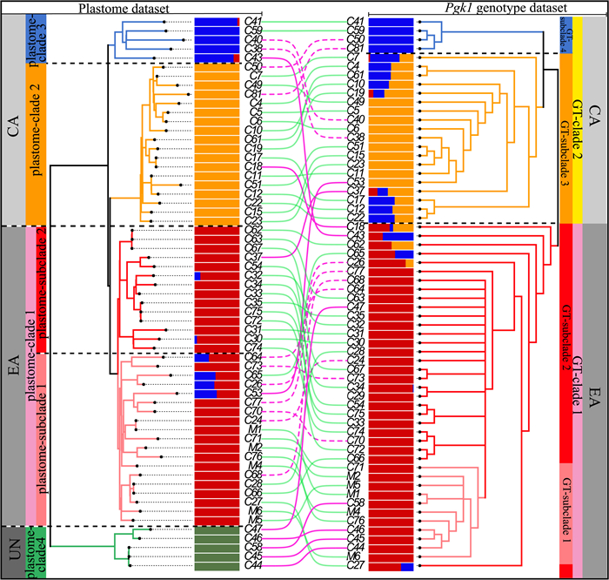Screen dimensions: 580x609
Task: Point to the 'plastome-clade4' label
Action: [x=35, y=551]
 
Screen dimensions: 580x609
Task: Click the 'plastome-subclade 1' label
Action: [x=39, y=435]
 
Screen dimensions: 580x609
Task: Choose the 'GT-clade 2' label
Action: [x=577, y=113]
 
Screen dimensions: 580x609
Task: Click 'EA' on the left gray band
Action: [x=13, y=374]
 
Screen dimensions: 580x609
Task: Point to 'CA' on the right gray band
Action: [x=596, y=113]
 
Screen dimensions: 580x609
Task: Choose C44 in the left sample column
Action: [x=254, y=566]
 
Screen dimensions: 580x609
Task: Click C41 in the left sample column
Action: [x=254, y=20]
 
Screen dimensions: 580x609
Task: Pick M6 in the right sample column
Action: [x=355, y=556]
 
